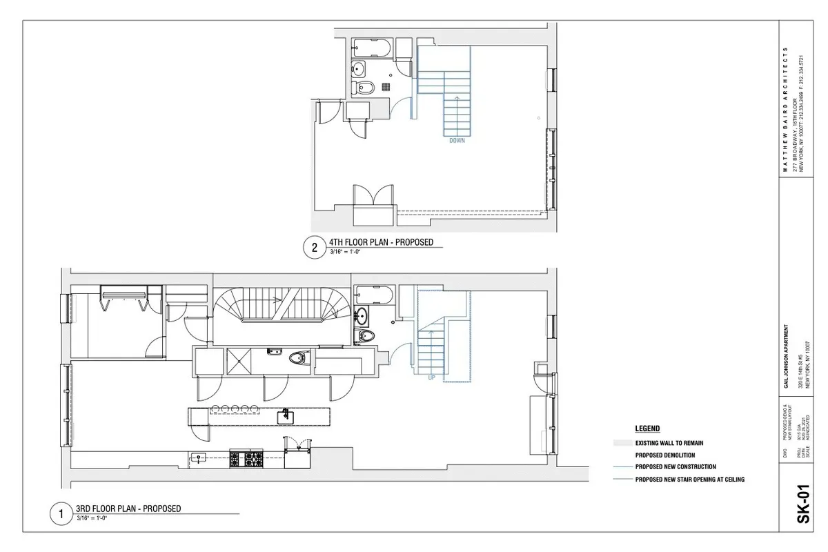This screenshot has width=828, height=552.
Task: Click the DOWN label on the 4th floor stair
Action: point(457,141)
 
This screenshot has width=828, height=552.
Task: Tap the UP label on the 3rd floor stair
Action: point(431,377)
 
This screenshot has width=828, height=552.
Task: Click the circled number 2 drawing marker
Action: point(315,248)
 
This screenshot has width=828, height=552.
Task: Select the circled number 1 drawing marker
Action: point(61,514)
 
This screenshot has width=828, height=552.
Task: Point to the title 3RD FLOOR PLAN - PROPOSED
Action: point(128,509)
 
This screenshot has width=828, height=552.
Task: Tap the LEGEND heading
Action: point(647,428)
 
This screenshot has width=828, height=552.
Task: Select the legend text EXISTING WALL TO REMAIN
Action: point(669,443)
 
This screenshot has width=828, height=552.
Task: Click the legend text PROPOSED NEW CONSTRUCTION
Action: point(676,467)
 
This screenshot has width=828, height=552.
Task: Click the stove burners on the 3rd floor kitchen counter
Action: point(246,457)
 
